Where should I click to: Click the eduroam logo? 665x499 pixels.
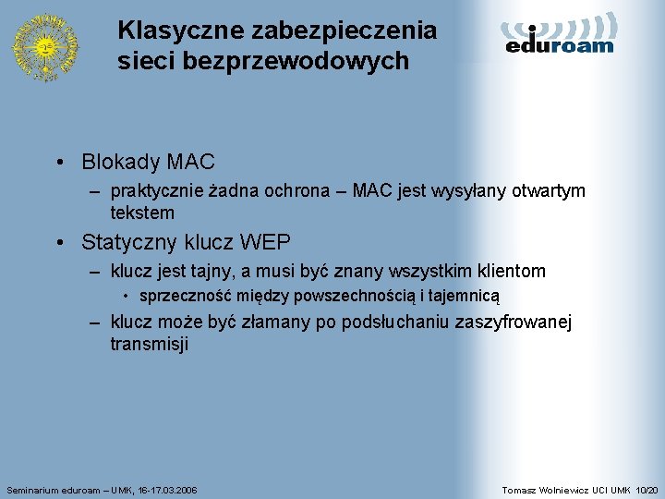point(560,34)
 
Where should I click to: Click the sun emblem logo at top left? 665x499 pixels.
point(44,46)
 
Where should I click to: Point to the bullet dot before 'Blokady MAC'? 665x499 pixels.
point(59,163)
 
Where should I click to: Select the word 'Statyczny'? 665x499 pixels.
point(126,243)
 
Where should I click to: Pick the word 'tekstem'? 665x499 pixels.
point(142,213)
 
